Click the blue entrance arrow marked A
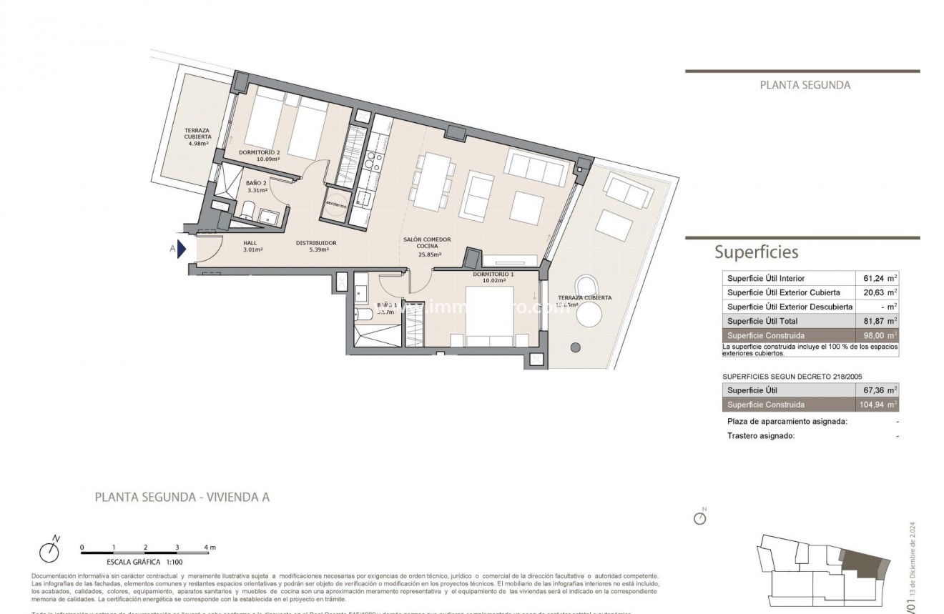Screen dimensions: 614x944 (182, 249)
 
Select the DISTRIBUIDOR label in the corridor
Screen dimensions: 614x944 (316, 243)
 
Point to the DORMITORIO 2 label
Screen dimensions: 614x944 (259, 152)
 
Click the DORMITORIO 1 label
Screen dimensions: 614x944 (493, 274)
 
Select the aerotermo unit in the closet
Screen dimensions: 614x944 (336, 203)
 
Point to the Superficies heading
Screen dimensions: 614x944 (756, 252)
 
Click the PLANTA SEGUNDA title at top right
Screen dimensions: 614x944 (804, 85)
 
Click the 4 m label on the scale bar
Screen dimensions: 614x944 (209, 548)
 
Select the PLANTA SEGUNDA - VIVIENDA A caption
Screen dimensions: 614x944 (182, 497)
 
